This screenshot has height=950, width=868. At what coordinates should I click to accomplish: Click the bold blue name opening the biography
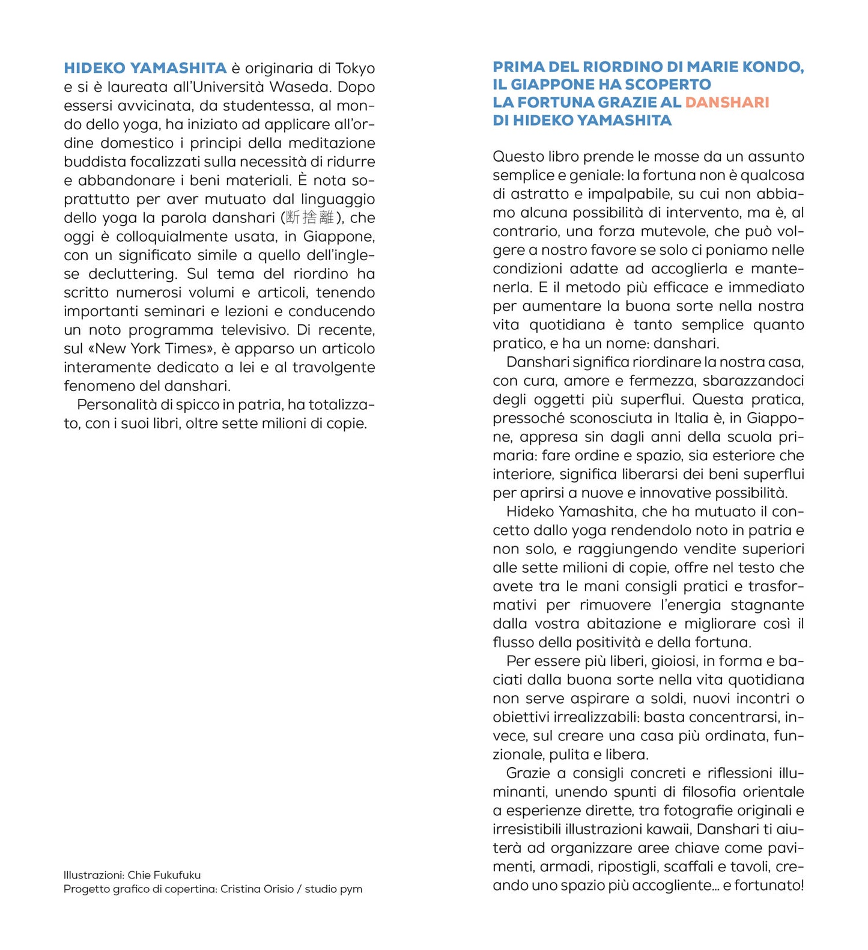pyautogui.click(x=145, y=69)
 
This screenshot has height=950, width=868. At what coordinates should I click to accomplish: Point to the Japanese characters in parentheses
pyautogui.click(x=310, y=218)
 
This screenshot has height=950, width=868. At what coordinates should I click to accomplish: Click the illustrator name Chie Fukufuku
pyautogui.click(x=164, y=875)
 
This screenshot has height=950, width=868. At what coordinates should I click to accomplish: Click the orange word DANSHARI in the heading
pyautogui.click(x=727, y=102)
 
